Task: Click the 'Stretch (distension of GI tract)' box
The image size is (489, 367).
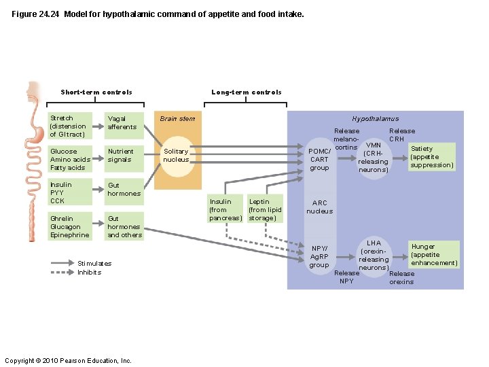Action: [x=69, y=126]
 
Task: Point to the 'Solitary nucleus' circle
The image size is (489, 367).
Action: [x=177, y=156]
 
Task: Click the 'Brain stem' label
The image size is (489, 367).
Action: [x=177, y=119]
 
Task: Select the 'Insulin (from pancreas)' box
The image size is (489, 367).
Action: [x=225, y=209]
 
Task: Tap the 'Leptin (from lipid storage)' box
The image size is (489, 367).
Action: [x=265, y=209]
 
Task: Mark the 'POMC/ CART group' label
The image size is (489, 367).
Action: [x=319, y=159]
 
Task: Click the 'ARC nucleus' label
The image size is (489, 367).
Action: [x=319, y=207]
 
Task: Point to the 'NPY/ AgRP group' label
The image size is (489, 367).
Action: [x=319, y=256]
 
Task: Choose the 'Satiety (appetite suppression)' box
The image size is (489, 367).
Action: [x=431, y=157]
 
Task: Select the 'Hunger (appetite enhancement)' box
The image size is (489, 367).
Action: [x=433, y=255]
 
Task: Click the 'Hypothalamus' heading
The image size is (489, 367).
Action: [x=376, y=119]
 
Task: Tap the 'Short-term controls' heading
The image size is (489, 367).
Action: [x=96, y=92]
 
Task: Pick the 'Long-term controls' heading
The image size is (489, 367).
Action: [x=247, y=92]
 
